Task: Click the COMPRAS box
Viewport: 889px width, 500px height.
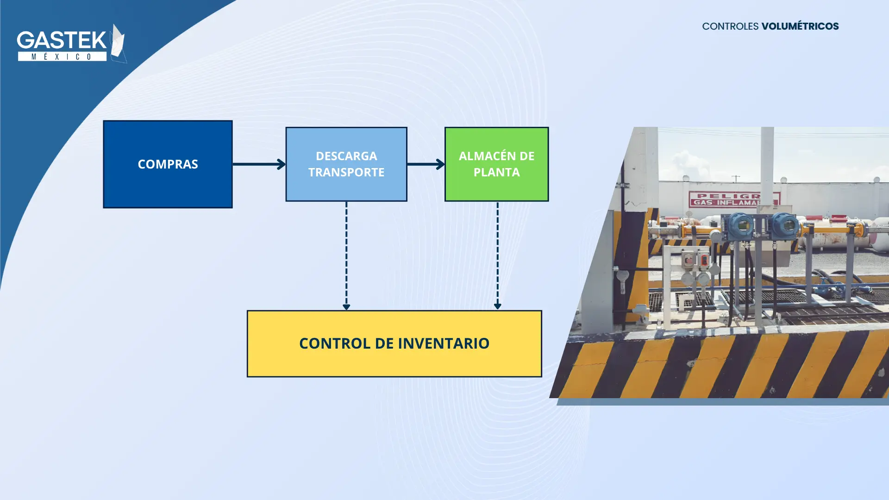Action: (168, 164)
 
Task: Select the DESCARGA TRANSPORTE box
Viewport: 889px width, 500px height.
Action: (346, 164)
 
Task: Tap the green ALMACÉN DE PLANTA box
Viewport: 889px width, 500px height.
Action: (497, 164)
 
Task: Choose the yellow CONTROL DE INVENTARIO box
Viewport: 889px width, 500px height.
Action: (394, 344)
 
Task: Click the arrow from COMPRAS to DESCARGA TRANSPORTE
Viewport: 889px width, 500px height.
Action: (259, 164)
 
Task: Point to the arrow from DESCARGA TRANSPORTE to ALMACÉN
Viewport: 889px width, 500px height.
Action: (426, 164)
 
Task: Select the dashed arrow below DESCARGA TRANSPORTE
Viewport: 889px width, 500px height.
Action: (346, 256)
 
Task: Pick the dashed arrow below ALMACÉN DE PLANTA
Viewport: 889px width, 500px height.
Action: (498, 256)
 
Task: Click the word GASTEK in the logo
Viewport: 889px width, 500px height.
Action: (62, 40)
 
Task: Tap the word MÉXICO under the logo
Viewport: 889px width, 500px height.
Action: (62, 56)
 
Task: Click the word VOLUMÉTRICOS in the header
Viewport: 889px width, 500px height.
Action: (800, 26)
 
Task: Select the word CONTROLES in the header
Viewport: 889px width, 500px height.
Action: (730, 26)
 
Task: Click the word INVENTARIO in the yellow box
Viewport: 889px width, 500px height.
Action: (444, 344)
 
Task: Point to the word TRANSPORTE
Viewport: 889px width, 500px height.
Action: (346, 172)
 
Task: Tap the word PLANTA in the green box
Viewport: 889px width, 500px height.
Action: (497, 172)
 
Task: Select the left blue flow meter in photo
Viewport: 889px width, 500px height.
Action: (741, 226)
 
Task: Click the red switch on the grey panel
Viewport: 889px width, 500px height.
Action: (704, 260)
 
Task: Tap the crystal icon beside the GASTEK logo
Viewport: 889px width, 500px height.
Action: (119, 43)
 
